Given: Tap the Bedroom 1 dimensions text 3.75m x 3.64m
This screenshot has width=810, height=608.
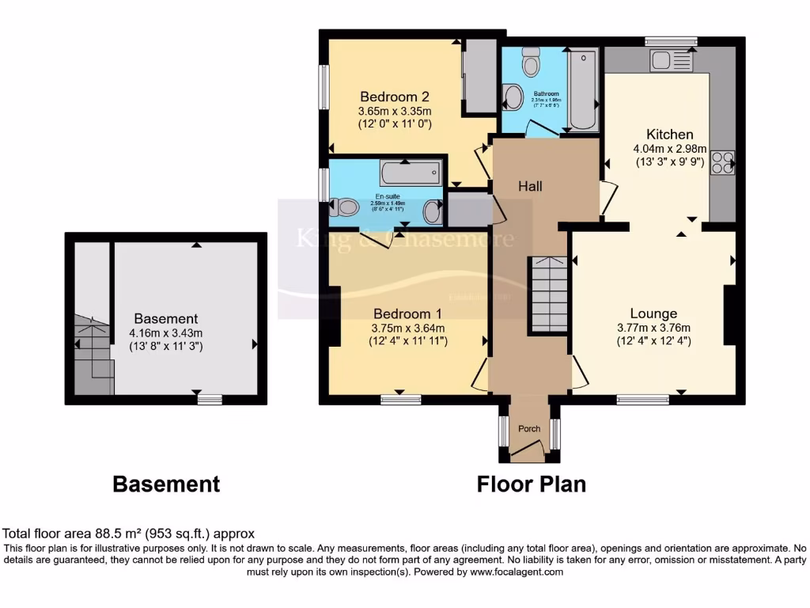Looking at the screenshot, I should tap(409, 329).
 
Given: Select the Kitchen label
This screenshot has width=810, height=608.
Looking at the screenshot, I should tap(669, 134).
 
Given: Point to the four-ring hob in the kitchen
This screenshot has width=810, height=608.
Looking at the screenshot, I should tap(722, 161).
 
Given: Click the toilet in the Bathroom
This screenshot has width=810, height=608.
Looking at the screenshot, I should tap(531, 59).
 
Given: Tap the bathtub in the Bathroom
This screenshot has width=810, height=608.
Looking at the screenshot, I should tap(582, 89).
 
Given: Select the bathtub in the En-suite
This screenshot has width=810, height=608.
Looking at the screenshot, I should tap(410, 172).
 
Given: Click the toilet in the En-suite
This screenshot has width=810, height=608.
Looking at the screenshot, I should tap(345, 208).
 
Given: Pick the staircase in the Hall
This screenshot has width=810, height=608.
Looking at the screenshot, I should tap(547, 295).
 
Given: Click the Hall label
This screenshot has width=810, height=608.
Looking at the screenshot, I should tap(530, 186).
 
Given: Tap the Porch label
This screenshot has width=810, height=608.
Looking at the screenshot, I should tap(529, 429).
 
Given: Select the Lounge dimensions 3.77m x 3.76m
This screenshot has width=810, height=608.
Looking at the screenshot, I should tap(653, 329).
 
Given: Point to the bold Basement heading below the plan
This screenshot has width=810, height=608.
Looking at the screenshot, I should tap(166, 484).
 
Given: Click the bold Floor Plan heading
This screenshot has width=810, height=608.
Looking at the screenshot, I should tap(531, 484).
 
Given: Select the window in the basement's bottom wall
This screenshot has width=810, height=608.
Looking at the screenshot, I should tap(209, 399).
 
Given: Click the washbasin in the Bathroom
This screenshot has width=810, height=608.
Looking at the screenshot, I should tap(513, 97).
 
